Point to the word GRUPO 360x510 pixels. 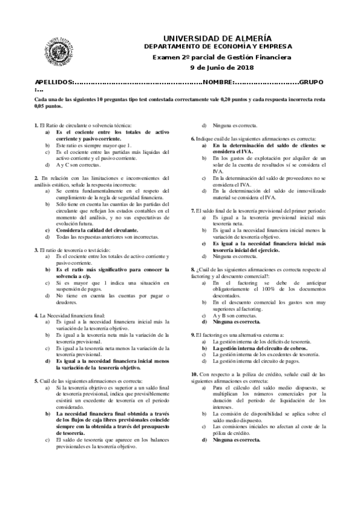313,81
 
